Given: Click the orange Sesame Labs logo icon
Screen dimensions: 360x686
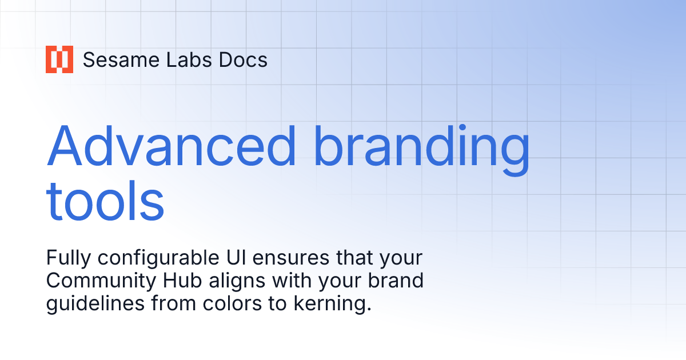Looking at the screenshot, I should (x=59, y=59).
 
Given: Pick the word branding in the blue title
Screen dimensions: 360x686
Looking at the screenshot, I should (x=424, y=146).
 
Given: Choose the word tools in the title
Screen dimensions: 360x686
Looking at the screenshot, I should (x=105, y=202).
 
